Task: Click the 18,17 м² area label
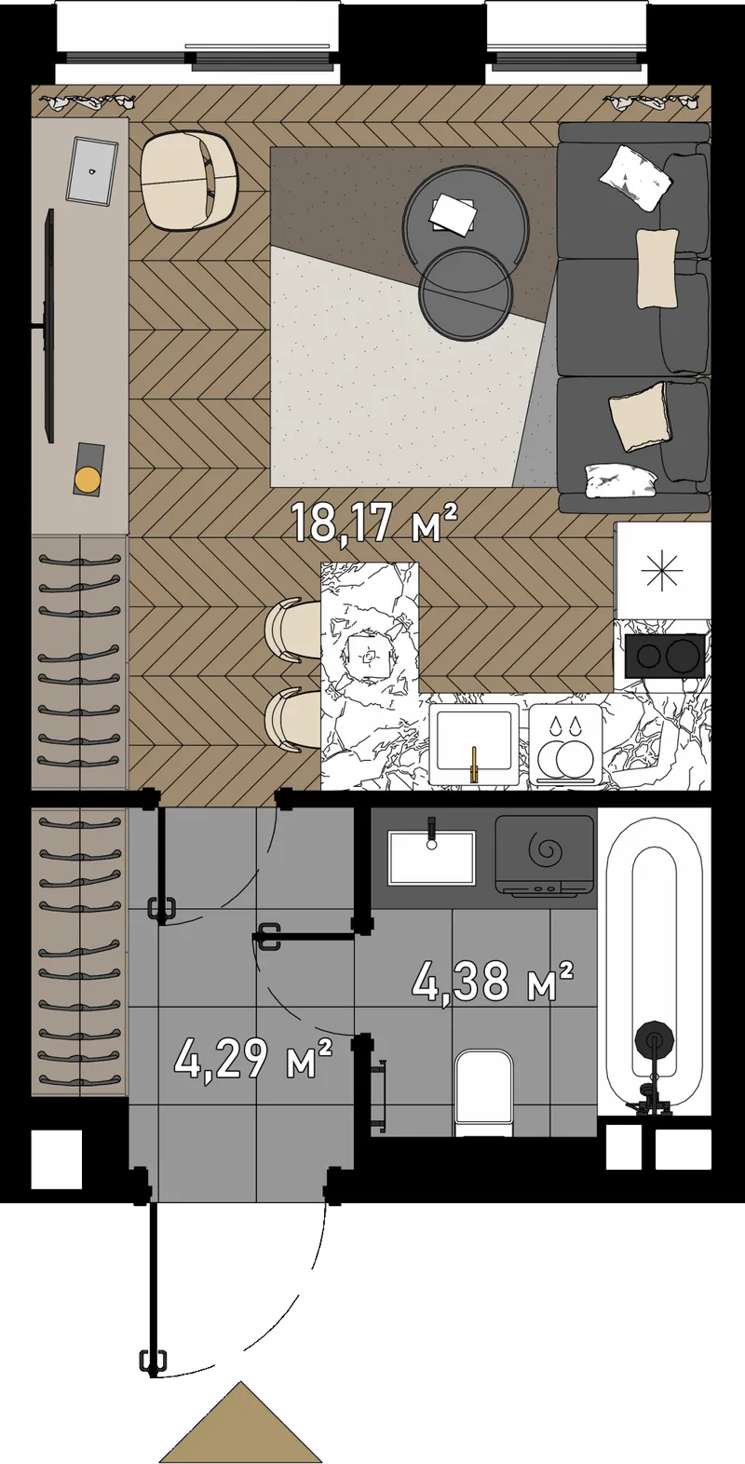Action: coord(373,522)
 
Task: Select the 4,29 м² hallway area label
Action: coord(254,1062)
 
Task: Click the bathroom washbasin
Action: coord(431,857)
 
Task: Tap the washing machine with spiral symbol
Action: coord(545,853)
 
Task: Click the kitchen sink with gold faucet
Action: coord(474,743)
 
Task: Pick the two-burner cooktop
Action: coord(665,655)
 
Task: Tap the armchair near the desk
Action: coord(190,181)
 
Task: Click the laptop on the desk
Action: coord(92,170)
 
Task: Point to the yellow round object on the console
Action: coord(87,480)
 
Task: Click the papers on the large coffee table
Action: coord(454,213)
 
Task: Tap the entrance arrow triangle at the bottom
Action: coord(242,1423)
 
